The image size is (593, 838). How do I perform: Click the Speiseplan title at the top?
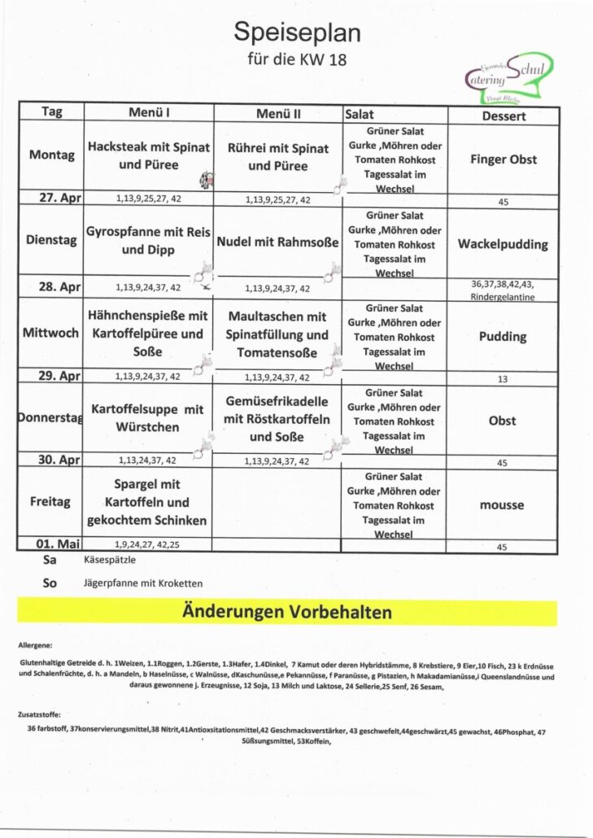[x=297, y=33]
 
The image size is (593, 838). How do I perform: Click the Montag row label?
[x=52, y=155]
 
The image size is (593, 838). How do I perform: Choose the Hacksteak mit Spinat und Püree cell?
[x=149, y=156]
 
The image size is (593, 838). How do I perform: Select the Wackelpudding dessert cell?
[x=503, y=244]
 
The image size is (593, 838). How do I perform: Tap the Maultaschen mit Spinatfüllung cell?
[x=277, y=334]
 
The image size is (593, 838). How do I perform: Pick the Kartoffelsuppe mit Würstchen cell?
[x=147, y=418]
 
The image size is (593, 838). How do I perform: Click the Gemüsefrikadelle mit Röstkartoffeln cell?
[x=277, y=420]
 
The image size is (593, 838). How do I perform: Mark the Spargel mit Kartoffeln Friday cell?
[x=147, y=502]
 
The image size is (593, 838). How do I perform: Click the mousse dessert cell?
[x=502, y=505]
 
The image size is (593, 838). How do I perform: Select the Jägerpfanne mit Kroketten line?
[x=142, y=583]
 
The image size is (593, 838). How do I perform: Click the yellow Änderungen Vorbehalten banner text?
[x=287, y=613]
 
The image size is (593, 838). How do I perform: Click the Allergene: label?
[x=36, y=644]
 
